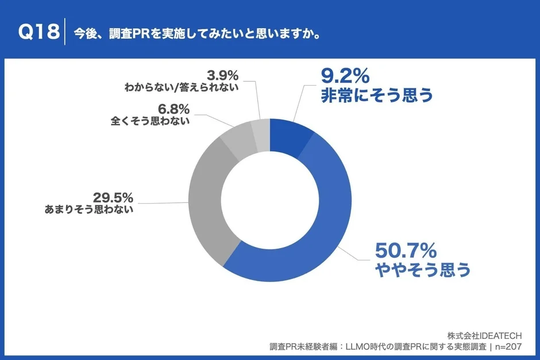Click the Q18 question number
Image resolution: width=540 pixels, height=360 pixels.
click(x=38, y=33)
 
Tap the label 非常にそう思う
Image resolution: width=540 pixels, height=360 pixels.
click(x=376, y=95)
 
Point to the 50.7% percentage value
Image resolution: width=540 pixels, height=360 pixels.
click(x=406, y=250)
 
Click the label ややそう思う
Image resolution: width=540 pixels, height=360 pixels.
click(x=423, y=269)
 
